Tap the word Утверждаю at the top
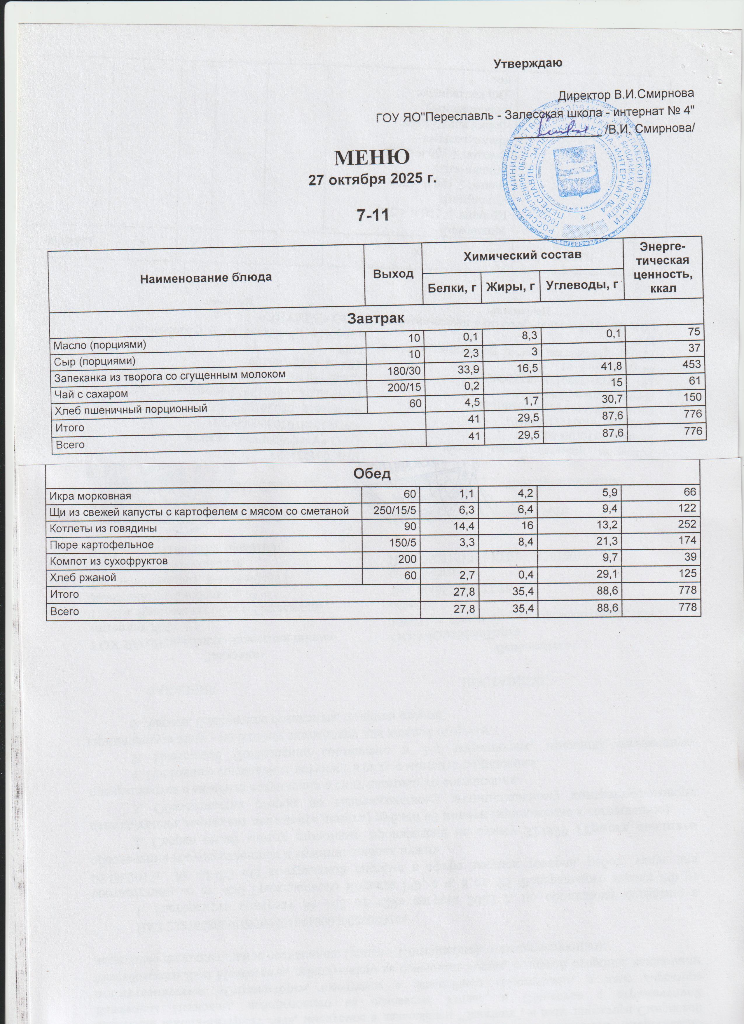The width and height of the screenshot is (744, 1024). tap(528, 63)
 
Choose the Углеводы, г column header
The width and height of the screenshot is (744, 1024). tap(581, 285)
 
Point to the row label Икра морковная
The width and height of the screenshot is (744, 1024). tap(90, 496)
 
